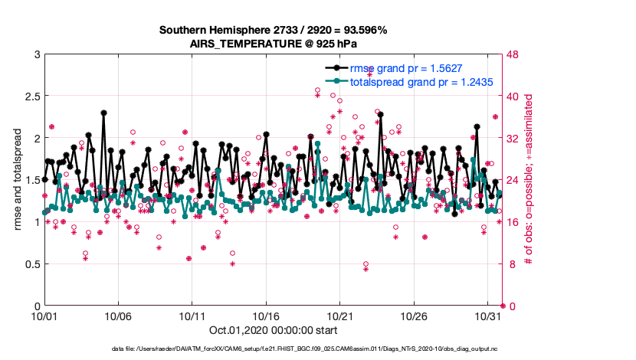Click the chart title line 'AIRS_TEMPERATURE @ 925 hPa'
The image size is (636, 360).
pyautogui.click(x=274, y=44)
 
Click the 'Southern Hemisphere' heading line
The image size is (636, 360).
pyautogui.click(x=274, y=31)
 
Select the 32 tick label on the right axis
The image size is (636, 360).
pyautogui.click(x=515, y=139)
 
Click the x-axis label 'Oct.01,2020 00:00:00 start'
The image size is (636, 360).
pyautogui.click(x=274, y=331)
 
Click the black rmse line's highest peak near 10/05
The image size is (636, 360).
pyautogui.click(x=103, y=113)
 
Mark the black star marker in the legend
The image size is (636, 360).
pyautogui.click(x=334, y=68)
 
